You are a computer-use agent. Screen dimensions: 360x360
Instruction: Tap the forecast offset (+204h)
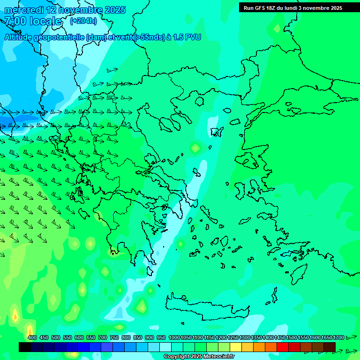pyautogui.click(x=83, y=21)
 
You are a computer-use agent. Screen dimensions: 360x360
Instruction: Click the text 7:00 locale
pyautogui.click(x=33, y=21)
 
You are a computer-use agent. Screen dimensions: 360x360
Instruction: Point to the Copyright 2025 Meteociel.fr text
pyautogui.click(x=199, y=357)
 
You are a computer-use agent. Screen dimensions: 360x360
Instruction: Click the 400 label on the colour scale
pyautogui.click(x=32, y=338)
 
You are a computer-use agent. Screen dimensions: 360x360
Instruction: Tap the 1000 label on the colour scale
pyautogui.click(x=174, y=338)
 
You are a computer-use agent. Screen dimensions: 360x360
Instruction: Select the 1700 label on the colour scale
pyautogui.click(x=338, y=338)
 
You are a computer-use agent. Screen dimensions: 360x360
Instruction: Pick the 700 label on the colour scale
pyautogui.click(x=103, y=338)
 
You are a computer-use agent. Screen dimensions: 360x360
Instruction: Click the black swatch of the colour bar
pyautogui.click(x=25, y=347)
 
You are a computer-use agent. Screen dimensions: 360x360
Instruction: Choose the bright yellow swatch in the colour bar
pyautogui.click(x=236, y=347)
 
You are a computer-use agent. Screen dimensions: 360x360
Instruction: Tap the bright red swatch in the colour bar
pyautogui.click(x=283, y=347)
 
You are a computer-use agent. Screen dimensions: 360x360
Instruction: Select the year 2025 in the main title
pyautogui.click(x=115, y=10)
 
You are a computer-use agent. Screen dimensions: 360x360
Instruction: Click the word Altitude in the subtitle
pyautogui.click(x=19, y=37)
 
